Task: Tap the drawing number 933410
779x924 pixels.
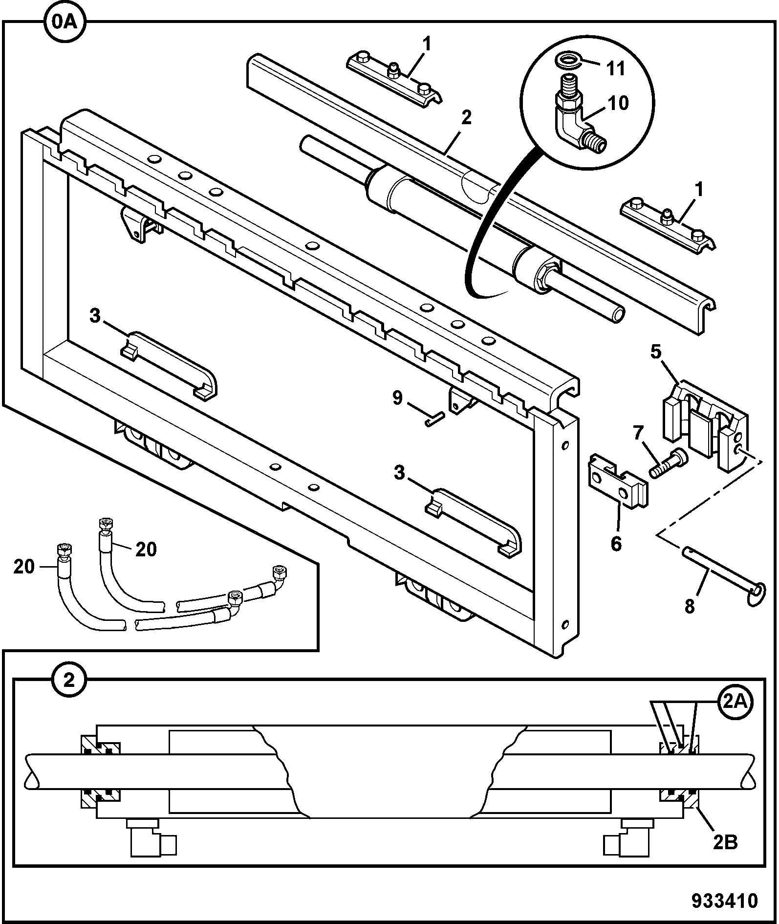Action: (724, 901)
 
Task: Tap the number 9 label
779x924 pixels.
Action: (397, 398)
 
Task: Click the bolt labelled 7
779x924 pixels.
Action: (668, 462)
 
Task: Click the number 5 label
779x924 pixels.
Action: (655, 352)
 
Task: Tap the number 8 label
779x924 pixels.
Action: (689, 607)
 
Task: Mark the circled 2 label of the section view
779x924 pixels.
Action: (69, 680)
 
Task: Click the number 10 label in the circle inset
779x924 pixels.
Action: (618, 104)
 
